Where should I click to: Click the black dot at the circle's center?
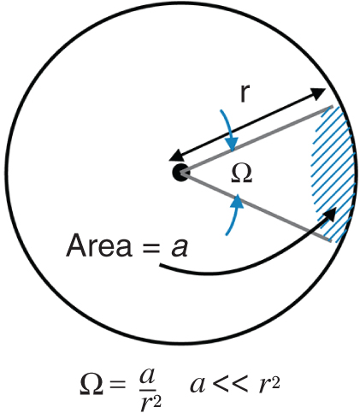click(180, 172)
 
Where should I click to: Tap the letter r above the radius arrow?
click(245, 93)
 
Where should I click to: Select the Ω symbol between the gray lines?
click(241, 174)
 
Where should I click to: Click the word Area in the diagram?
click(99, 245)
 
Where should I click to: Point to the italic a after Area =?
click(180, 248)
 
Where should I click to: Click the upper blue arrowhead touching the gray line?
click(232, 144)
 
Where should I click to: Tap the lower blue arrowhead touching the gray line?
click(238, 202)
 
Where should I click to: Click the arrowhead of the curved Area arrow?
click(329, 215)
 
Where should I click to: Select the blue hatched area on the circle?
click(333, 174)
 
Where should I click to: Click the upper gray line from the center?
click(257, 139)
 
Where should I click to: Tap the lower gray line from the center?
click(256, 207)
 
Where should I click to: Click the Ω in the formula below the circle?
click(91, 384)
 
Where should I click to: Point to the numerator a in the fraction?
click(147, 377)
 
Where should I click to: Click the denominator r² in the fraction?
click(151, 402)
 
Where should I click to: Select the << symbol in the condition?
click(229, 385)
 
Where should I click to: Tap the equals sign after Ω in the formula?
click(118, 386)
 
